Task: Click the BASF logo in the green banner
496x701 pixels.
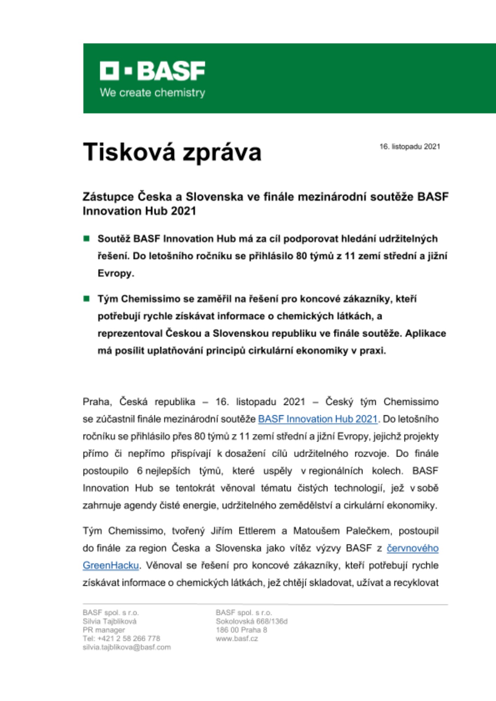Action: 152,71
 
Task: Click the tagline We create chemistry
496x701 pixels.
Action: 152,93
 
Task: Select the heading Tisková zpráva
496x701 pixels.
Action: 172,152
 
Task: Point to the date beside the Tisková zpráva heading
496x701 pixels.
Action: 409,147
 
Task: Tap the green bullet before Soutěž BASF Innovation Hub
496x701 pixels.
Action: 86,239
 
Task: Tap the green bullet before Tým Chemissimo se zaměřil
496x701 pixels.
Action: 86,299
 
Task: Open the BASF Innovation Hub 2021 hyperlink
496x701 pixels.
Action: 317,419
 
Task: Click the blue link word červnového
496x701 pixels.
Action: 413,548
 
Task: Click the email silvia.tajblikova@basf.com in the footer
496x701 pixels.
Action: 127,647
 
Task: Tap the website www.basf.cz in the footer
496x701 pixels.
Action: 237,638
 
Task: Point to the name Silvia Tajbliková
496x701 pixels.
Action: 109,621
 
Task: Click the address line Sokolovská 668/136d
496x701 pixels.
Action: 252,621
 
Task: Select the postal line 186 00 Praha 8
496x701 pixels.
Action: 241,630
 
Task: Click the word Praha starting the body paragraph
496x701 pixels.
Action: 97,402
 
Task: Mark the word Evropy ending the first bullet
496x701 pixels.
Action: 115,273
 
